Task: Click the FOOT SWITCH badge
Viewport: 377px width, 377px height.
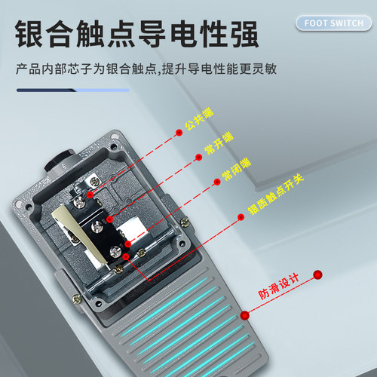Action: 333,23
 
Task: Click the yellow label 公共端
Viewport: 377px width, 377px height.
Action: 199,118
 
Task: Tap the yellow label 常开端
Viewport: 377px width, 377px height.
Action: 219,143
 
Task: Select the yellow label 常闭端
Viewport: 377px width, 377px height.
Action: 236,169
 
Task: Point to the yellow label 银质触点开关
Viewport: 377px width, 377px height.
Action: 276,194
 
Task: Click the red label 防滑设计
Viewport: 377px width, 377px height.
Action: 279,287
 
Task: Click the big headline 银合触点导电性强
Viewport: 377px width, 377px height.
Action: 137,34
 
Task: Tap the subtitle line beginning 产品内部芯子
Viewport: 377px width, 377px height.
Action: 146,69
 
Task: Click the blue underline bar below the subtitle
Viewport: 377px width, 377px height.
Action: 73,90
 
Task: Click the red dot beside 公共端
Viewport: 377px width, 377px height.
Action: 179,133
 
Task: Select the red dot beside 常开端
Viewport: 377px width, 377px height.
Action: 198,158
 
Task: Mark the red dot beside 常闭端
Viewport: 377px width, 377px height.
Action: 217,182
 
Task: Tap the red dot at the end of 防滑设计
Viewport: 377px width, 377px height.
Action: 317,274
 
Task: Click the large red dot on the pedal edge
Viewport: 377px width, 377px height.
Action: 244,315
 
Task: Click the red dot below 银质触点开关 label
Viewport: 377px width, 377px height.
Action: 241,217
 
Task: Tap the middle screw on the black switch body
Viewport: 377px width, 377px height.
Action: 97,227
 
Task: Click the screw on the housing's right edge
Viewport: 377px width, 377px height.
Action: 185,222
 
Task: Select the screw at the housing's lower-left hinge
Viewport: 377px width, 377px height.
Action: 77,299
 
